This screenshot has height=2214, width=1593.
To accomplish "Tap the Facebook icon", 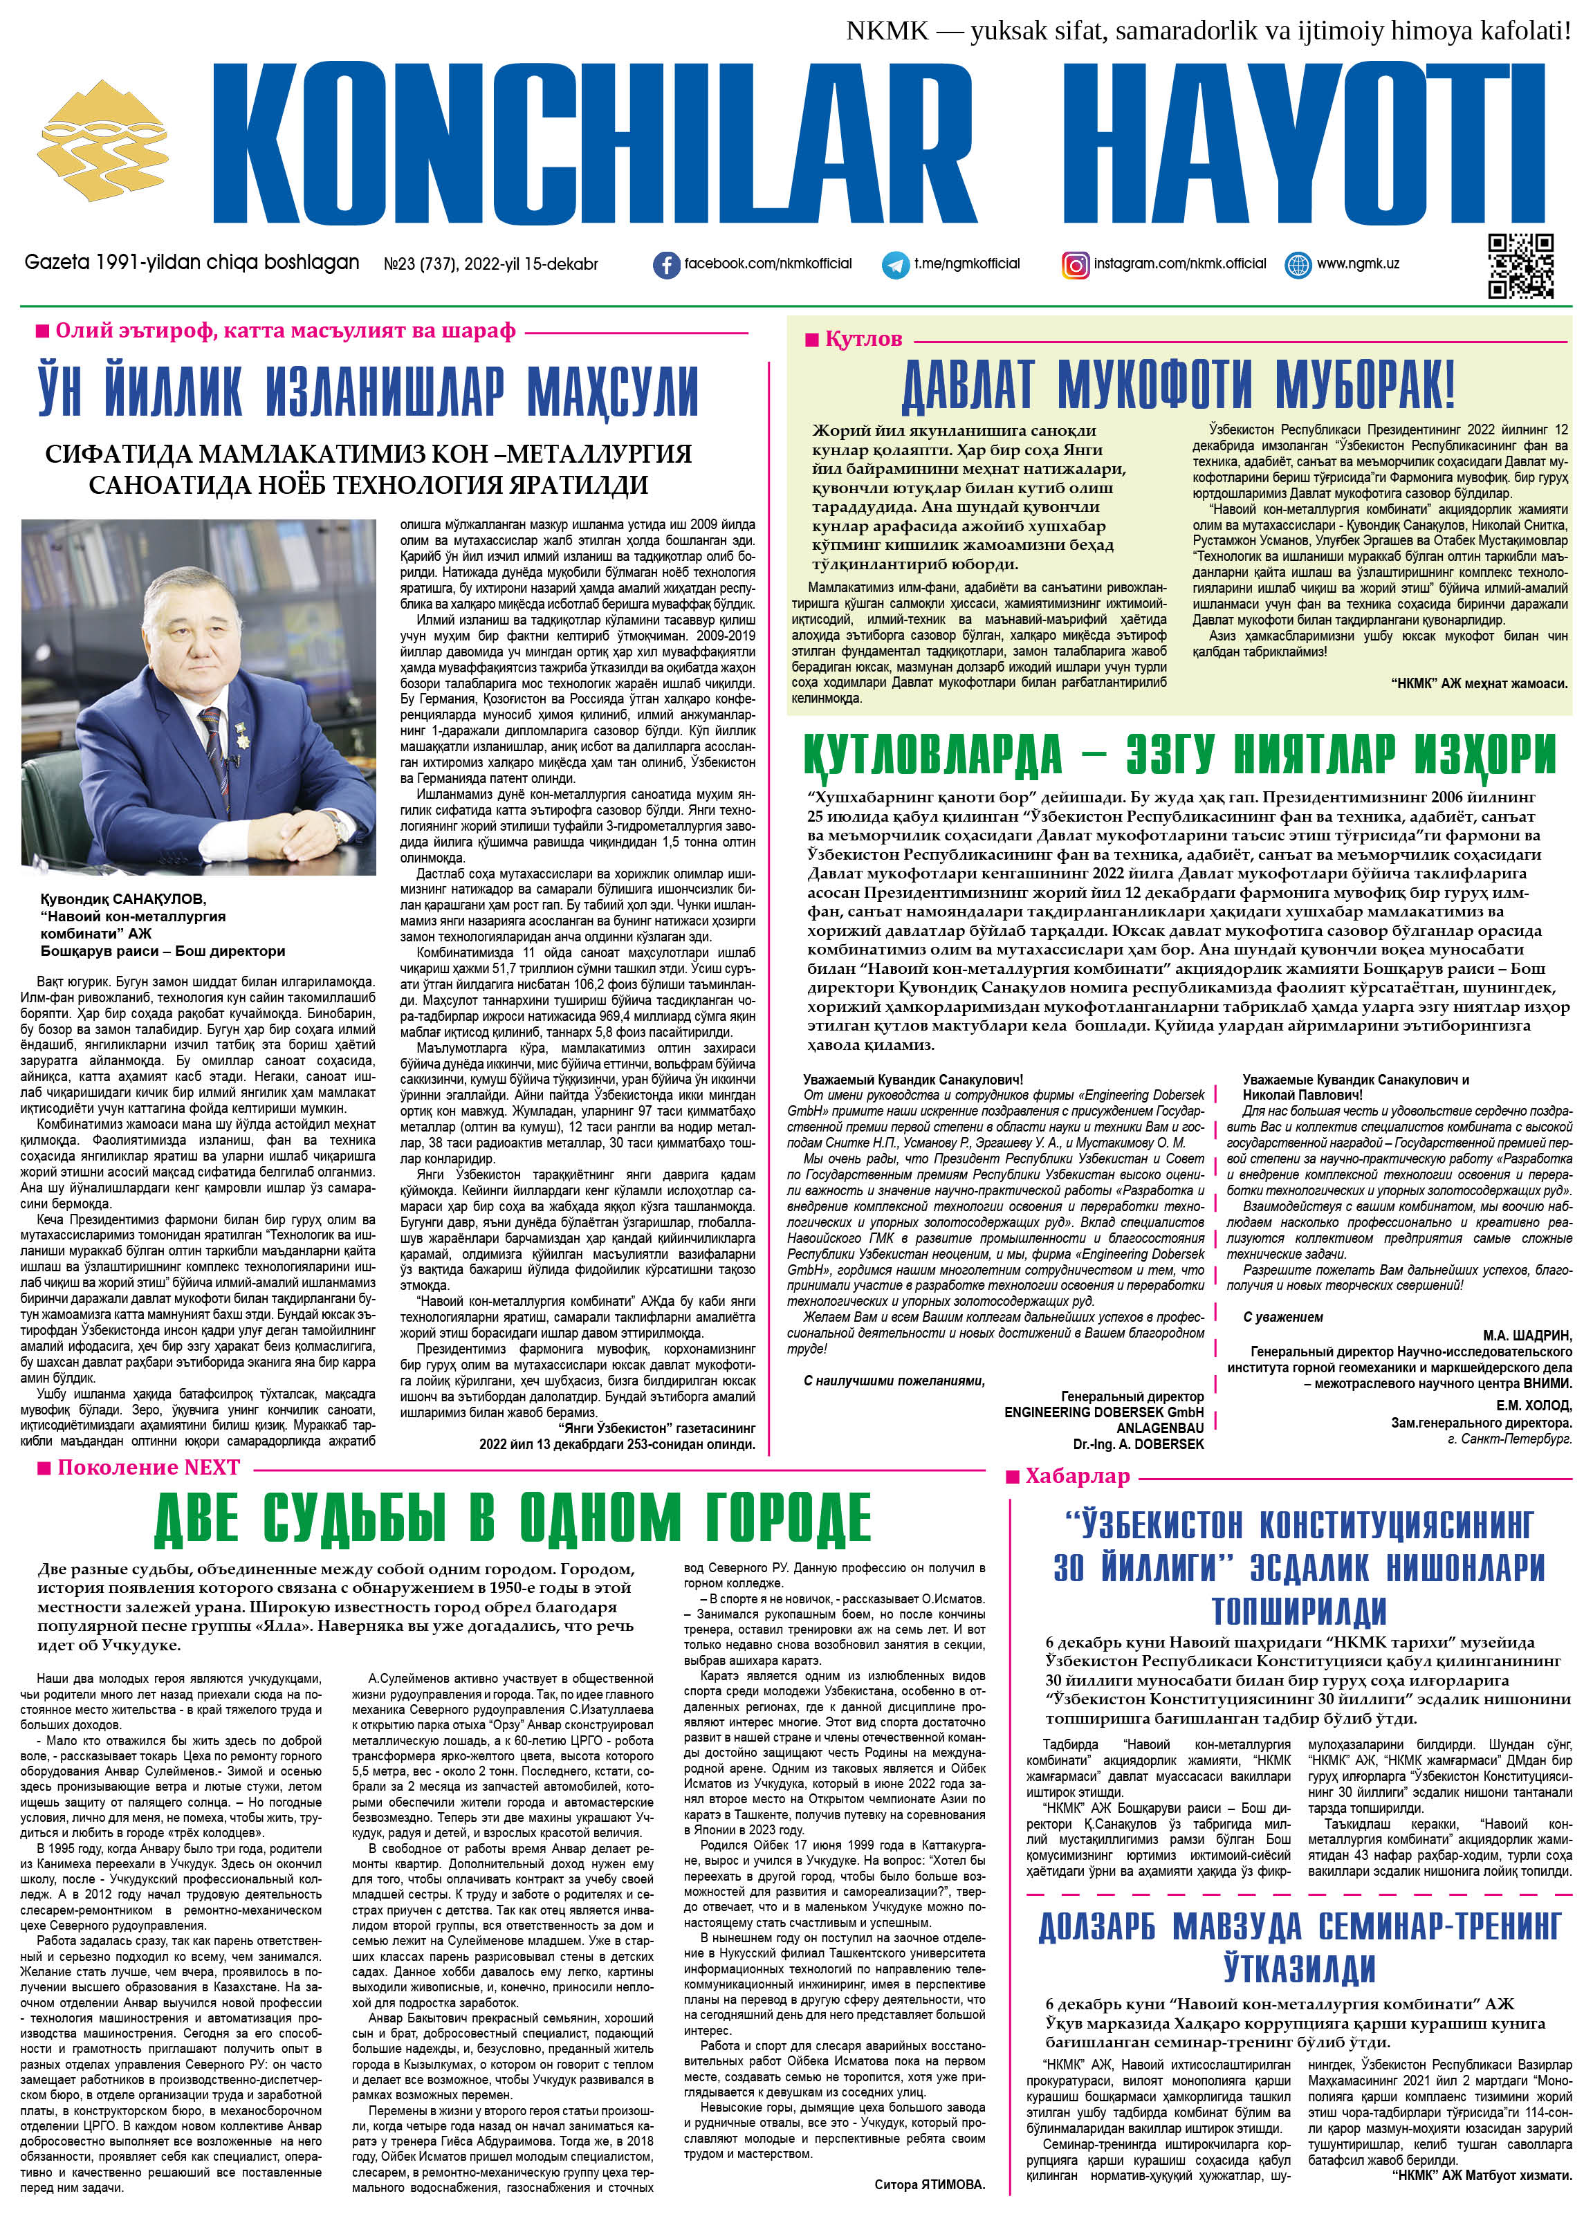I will [x=667, y=264].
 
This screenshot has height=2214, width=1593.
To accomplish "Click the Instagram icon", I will [x=1076, y=264].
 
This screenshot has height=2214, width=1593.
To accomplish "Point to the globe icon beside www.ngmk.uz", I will [x=1298, y=264].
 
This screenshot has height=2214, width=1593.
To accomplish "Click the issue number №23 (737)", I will [x=415, y=264].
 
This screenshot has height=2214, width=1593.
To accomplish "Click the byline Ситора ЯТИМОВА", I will [x=929, y=2184].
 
